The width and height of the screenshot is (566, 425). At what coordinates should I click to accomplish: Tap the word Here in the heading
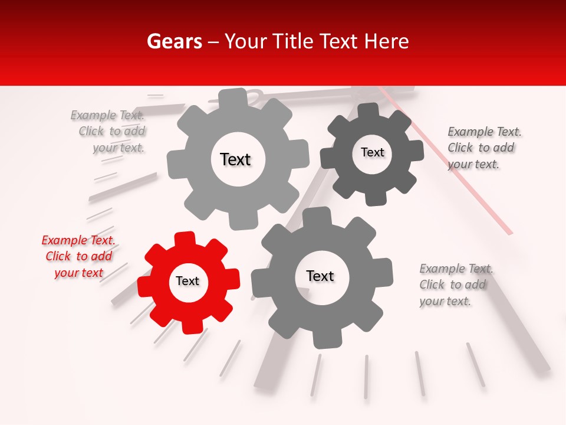click(x=386, y=41)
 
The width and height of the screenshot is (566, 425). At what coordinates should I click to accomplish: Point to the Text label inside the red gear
click(x=187, y=282)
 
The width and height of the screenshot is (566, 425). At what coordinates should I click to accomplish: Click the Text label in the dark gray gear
click(x=373, y=152)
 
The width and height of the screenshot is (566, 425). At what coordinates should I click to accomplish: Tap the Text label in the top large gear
click(x=235, y=159)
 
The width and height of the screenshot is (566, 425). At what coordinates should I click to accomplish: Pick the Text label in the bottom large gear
click(x=320, y=276)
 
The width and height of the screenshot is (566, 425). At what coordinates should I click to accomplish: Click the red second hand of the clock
click(x=460, y=171)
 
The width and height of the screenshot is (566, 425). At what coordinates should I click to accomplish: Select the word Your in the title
click(x=246, y=41)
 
